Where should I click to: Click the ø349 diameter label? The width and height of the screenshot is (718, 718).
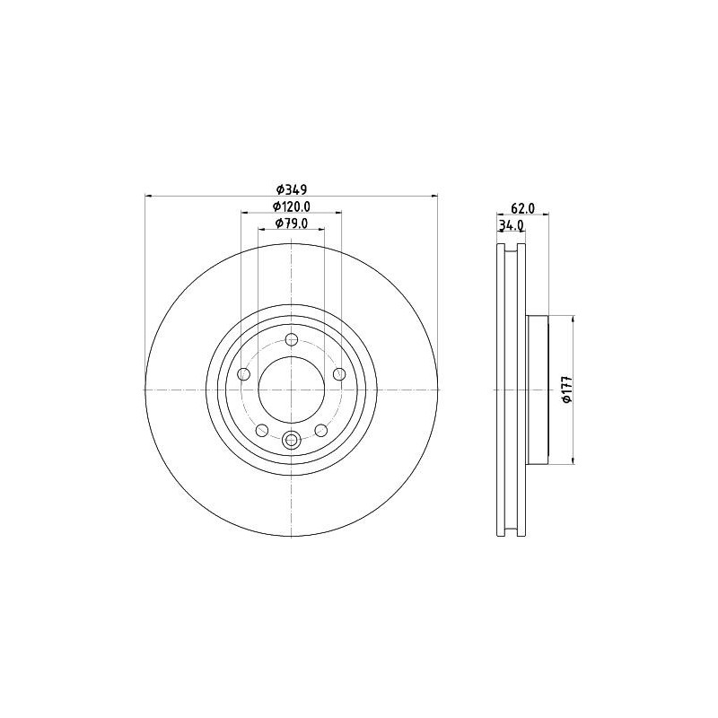click(x=292, y=189)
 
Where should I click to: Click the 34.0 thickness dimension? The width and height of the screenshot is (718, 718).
click(x=512, y=224)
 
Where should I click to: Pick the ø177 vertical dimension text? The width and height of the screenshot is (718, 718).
click(x=567, y=390)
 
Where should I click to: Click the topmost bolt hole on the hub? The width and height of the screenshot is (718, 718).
click(x=292, y=339)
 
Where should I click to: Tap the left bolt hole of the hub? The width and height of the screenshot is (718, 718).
click(x=243, y=374)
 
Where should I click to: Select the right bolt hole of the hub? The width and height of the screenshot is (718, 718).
click(x=339, y=374)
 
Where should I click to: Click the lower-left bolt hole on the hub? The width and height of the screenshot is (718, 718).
click(x=262, y=431)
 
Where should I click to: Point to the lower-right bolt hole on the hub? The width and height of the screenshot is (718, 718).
click(x=321, y=431)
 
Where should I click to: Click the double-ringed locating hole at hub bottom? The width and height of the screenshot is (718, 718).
click(x=292, y=440)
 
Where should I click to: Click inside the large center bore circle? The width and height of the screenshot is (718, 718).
click(x=292, y=390)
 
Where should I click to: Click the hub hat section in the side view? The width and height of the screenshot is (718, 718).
click(x=537, y=390)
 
